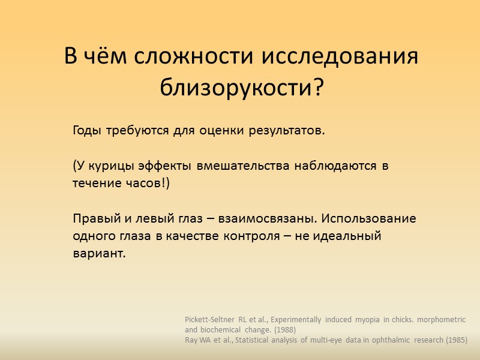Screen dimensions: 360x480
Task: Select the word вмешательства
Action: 247,166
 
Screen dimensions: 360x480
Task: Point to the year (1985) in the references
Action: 455,340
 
